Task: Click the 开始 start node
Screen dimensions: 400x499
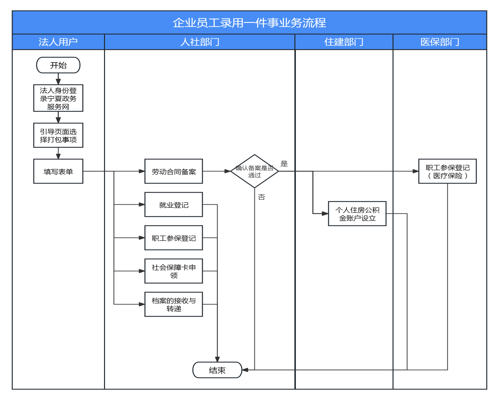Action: point(58,65)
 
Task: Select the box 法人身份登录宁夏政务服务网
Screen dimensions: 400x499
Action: point(58,98)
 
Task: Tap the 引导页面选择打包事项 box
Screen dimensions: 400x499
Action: point(58,135)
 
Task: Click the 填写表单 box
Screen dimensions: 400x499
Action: point(58,171)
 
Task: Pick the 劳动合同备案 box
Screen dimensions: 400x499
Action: point(174,171)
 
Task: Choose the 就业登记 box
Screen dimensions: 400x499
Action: point(174,205)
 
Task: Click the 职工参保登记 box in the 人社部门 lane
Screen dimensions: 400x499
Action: point(174,238)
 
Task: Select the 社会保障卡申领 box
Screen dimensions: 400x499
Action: point(174,271)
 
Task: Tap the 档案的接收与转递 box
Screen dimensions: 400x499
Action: point(174,304)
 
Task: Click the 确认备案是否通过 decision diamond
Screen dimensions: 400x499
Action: point(254,171)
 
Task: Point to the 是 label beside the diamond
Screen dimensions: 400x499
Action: point(284,164)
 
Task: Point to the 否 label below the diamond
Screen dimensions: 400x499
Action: point(261,197)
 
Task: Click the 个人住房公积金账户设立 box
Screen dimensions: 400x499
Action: point(357,214)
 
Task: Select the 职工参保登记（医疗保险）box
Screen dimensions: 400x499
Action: point(447,171)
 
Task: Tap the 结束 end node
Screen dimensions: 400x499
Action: point(217,370)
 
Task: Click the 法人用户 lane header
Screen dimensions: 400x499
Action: point(58,42)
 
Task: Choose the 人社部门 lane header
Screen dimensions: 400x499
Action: point(200,42)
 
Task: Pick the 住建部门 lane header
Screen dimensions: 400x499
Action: point(344,42)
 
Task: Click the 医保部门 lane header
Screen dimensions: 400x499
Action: point(440,42)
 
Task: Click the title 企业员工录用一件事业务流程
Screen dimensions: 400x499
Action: point(249,23)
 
